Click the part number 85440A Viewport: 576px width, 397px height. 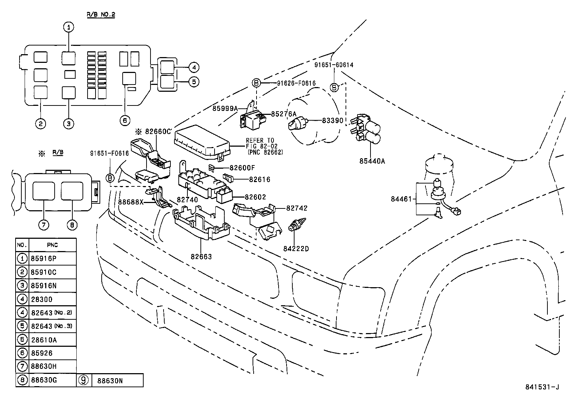pyautogui.click(x=372, y=161)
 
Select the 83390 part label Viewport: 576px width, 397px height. pyautogui.click(x=333, y=120)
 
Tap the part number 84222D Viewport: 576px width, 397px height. pyautogui.click(x=296, y=249)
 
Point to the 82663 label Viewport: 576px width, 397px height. pyautogui.click(x=201, y=257)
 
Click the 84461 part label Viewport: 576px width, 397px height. pyautogui.click(x=401, y=199)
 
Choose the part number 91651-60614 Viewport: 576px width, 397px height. pyautogui.click(x=334, y=65)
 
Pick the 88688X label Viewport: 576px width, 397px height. pyautogui.click(x=131, y=202)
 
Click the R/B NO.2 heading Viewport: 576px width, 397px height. pyautogui.click(x=101, y=15)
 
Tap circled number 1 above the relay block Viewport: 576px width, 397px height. pyautogui.click(x=69, y=27)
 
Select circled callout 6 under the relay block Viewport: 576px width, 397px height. pyautogui.click(x=125, y=120)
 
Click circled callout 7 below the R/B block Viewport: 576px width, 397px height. pyautogui.click(x=43, y=225)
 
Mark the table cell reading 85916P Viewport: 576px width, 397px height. pyautogui.click(x=44, y=259)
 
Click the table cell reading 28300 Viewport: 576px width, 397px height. pyautogui.click(x=42, y=299)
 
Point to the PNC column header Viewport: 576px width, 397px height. pyautogui.click(x=52, y=245)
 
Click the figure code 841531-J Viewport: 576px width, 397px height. pyautogui.click(x=542, y=387)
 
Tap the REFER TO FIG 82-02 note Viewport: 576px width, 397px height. pyautogui.click(x=260, y=146)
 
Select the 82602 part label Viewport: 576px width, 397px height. pyautogui.click(x=255, y=197)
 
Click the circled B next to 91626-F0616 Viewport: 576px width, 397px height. pyautogui.click(x=256, y=83)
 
